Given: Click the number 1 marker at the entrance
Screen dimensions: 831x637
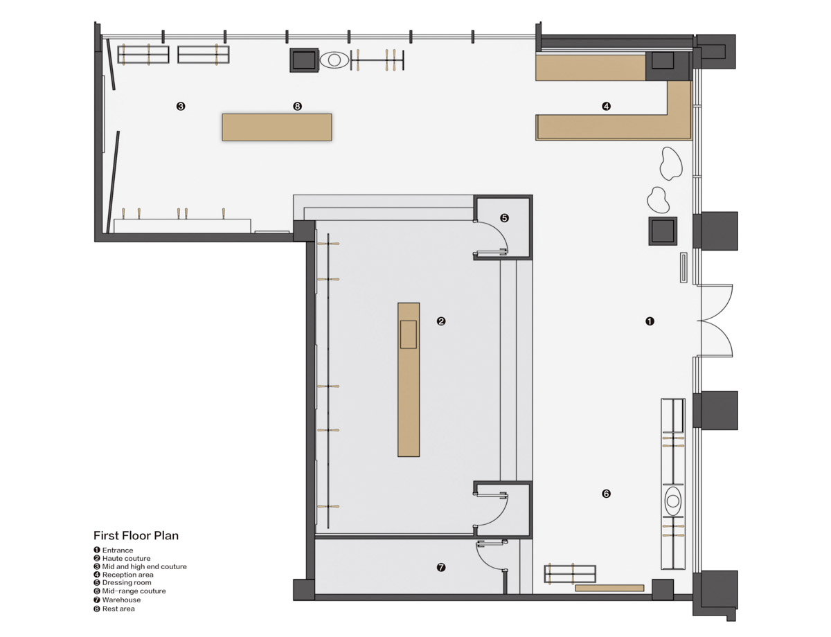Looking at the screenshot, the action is pos(650,321).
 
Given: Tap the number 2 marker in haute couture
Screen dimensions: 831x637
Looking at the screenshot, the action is pos(441,321).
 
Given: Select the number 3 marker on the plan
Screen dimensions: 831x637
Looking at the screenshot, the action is pos(181,107).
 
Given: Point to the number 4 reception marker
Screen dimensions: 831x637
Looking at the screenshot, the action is pos(606,107).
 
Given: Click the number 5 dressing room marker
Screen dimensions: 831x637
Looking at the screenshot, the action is pos(504,218).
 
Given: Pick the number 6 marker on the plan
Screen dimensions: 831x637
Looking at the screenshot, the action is pos(606,494).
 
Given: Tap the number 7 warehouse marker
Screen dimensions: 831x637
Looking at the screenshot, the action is pos(441,567).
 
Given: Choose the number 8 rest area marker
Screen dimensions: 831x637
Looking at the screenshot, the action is pos(297,107).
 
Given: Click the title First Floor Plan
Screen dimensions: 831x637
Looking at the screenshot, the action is pos(136,535).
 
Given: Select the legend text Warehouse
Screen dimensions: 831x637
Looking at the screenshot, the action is pos(121,600).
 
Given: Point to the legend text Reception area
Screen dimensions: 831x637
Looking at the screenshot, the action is pos(127,575).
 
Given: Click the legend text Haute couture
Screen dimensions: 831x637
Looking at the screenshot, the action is pos(126,558).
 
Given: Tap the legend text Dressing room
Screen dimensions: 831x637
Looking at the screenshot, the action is pos(127,583).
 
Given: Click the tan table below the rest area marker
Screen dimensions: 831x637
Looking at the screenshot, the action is pos(277,127).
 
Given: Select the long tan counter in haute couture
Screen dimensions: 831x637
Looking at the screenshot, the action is pos(409,379).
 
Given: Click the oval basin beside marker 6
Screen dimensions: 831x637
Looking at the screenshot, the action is pos(672,501).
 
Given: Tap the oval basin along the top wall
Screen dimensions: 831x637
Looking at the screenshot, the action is pos(334,60).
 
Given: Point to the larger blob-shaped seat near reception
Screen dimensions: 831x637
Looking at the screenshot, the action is pos(671,163).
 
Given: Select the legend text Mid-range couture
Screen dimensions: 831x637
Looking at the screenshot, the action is pos(134,591).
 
